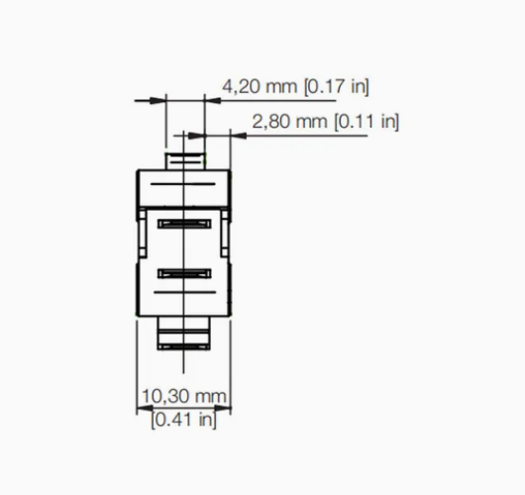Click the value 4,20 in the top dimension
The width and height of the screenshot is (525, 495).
[241, 87]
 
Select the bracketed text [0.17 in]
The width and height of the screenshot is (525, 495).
[336, 87]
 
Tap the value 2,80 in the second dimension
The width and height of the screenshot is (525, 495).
[270, 122]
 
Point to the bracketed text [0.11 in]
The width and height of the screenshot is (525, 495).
[367, 122]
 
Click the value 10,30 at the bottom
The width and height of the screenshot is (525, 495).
[164, 396]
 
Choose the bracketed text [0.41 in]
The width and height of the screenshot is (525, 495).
[184, 420]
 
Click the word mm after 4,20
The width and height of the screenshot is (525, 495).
[281, 87]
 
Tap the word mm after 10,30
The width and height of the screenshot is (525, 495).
[210, 397]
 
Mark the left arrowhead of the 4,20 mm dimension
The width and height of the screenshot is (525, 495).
[157, 100]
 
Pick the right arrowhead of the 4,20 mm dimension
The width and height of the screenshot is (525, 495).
[213, 100]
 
